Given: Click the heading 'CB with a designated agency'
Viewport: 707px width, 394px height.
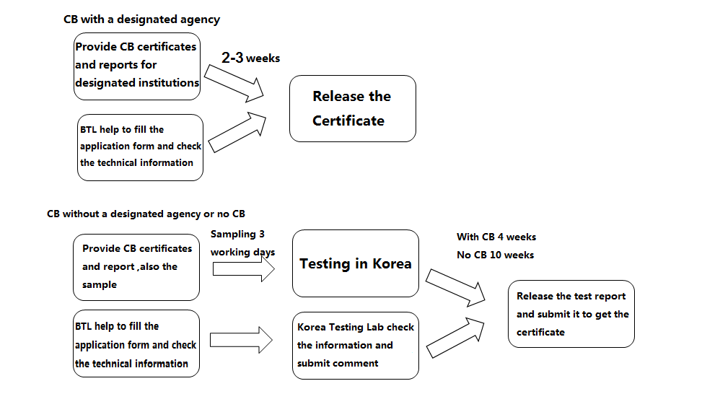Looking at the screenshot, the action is coord(141,19).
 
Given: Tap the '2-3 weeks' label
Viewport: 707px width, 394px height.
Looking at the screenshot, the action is coord(251,58).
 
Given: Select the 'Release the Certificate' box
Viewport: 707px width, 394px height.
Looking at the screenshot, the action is coord(353,109).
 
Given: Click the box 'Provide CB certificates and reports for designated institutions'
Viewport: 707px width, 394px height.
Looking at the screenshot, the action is coord(137,66).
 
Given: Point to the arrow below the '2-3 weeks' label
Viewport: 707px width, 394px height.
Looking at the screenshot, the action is coord(234,83).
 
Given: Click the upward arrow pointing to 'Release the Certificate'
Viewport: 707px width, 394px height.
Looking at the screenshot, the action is coord(237,132).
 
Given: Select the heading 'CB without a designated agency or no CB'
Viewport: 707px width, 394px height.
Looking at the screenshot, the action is coord(146,214).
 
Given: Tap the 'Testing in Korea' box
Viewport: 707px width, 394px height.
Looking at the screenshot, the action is coord(355,263).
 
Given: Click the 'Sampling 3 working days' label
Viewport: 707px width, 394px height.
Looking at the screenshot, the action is coord(242,243).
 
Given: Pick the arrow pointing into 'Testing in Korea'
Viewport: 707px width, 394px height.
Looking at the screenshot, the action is coord(244,269).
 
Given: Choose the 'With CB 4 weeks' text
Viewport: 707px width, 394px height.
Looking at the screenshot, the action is coord(496,237).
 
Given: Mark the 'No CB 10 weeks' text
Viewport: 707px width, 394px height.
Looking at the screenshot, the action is coord(495,255).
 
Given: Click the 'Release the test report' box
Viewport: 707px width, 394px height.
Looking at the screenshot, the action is coord(571,314).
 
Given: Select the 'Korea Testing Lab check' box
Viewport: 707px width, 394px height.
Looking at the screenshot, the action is coord(355,346).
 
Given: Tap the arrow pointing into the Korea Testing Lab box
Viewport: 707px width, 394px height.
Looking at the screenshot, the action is coord(241,340).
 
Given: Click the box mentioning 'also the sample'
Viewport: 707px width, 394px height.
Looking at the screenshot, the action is coord(136,267).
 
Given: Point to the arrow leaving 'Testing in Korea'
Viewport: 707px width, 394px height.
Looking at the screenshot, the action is coord(455,288).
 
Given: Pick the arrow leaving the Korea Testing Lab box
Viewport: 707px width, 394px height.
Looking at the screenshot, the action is coord(455,338).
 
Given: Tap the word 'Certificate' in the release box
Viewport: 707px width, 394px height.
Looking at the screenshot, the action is coord(348,121).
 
